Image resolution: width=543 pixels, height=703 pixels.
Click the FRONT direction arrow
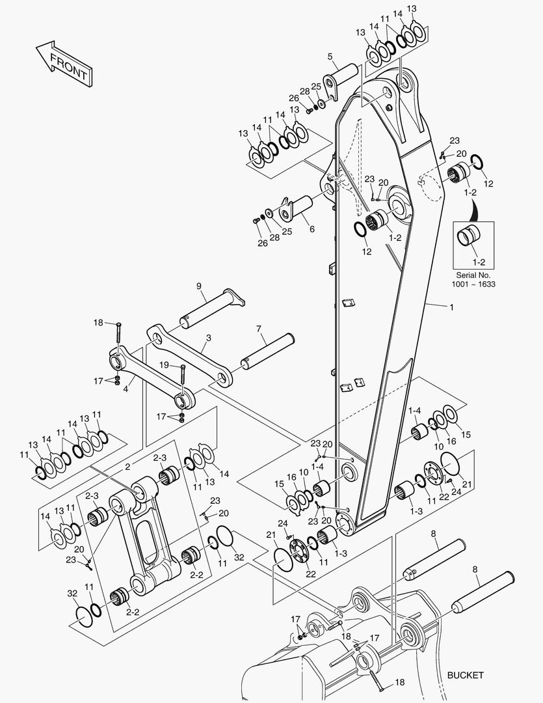tap(63, 63)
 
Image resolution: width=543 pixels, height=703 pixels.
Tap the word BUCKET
tap(465, 675)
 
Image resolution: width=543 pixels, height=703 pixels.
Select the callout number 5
tap(330, 56)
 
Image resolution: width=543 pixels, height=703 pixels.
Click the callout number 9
tap(199, 286)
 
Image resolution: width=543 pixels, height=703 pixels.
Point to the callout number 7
tap(258, 329)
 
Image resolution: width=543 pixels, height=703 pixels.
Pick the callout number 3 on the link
tap(208, 338)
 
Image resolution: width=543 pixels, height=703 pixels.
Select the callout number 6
tap(311, 229)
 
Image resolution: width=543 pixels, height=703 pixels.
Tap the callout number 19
tap(165, 365)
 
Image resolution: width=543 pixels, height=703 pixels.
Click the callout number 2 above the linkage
tap(128, 466)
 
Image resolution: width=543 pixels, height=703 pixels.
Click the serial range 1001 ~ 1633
tap(473, 284)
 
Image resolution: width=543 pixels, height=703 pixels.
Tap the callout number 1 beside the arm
tap(451, 307)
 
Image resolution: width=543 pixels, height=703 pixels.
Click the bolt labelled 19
tap(183, 380)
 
